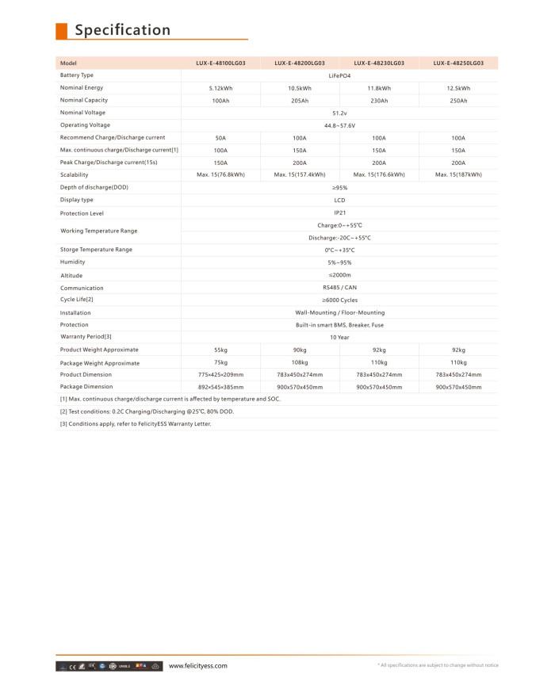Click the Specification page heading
click(122, 30)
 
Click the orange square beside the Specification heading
click(61, 30)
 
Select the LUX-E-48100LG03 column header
click(220, 63)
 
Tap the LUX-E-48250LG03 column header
click(458, 63)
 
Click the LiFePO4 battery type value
click(339, 75)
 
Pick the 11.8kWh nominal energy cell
click(379, 88)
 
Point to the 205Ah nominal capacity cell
click(300, 101)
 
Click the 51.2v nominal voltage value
click(339, 113)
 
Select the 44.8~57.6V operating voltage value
click(339, 125)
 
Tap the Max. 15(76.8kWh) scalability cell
click(220, 174)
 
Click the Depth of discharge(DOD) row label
click(94, 187)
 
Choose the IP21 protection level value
click(339, 212)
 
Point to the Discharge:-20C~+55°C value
click(339, 238)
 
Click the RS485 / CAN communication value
click(339, 288)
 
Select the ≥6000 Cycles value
click(339, 300)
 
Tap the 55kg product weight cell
click(220, 350)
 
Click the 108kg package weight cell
click(300, 362)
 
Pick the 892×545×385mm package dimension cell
click(220, 387)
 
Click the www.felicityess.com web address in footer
click(198, 666)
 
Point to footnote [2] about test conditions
click(147, 411)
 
